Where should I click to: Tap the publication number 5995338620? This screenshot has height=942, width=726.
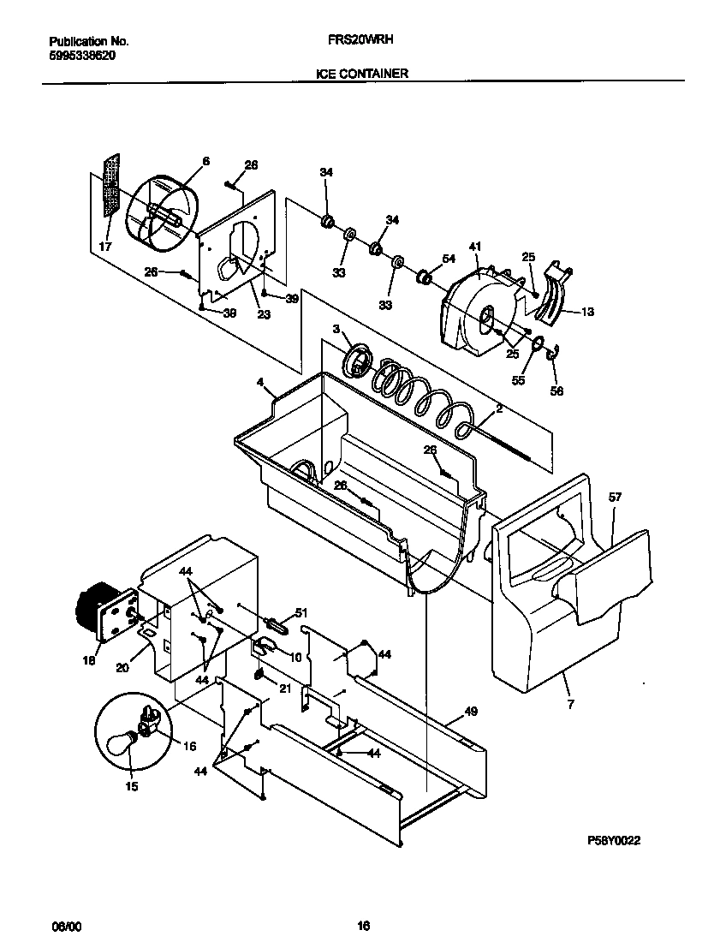tap(82, 54)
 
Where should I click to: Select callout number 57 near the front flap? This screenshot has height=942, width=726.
tap(615, 497)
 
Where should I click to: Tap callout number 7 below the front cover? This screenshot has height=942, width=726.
tap(571, 704)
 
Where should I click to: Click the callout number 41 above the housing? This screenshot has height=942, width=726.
tap(474, 247)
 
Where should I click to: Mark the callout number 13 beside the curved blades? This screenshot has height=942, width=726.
tap(587, 311)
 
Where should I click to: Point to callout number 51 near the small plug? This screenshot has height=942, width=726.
tap(300, 613)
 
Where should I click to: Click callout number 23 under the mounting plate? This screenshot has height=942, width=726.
tap(264, 313)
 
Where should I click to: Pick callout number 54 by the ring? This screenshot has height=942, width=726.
tap(448, 259)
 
